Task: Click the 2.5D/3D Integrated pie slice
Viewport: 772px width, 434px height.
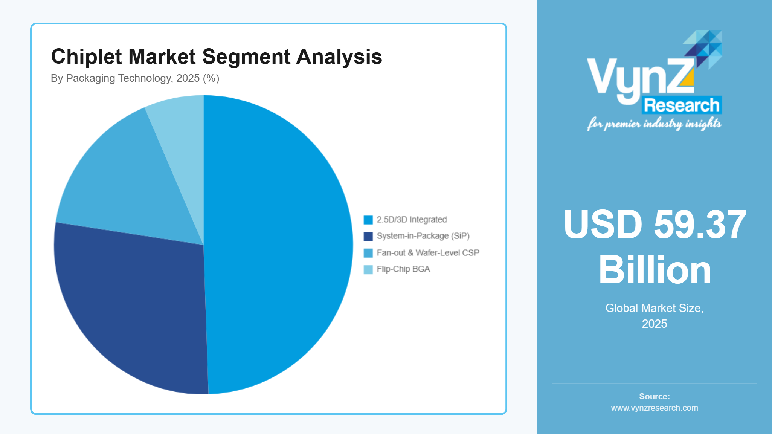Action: coord(279,245)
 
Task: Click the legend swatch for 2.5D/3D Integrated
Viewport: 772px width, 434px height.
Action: coord(368,220)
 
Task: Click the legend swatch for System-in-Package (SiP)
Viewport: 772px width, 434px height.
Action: coord(368,236)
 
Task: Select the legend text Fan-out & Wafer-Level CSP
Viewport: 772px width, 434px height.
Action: coord(428,253)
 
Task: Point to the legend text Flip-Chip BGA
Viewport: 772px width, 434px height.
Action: coord(403,269)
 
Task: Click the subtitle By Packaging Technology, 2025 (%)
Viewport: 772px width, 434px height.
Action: coord(135,78)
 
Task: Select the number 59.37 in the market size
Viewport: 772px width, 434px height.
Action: coord(700,225)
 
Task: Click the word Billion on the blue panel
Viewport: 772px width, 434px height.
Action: coord(655,270)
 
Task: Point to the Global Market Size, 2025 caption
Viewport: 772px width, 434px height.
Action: coord(655,316)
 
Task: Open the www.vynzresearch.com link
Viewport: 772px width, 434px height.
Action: coord(655,408)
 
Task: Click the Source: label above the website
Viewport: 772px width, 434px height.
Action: coord(655,396)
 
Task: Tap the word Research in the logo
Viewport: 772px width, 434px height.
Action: coord(682,105)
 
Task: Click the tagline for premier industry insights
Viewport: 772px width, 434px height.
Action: coord(655,124)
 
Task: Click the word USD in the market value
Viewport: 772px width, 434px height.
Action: coord(603,225)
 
